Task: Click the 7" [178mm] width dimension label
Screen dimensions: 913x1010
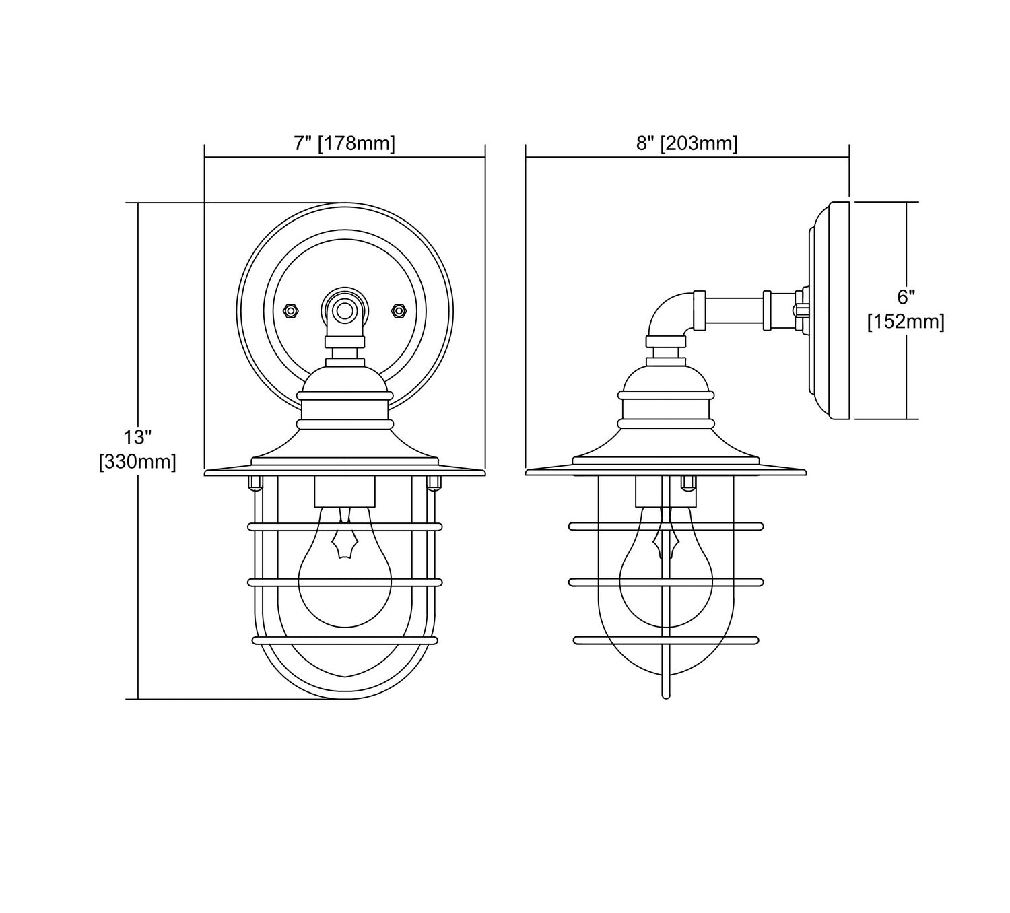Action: click(345, 143)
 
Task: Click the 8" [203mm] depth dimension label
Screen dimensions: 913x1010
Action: click(687, 143)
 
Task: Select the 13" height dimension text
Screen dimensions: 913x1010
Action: click(137, 438)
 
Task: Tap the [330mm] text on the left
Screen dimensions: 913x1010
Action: click(137, 462)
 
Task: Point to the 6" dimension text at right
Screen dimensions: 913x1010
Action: click(906, 298)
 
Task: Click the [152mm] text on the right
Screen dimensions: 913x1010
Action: click(906, 322)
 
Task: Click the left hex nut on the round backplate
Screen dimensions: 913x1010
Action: click(291, 310)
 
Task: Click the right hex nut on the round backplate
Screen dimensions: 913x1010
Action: click(398, 310)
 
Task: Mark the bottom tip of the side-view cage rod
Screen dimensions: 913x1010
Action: click(665, 697)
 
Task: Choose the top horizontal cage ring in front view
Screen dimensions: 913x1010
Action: click(345, 527)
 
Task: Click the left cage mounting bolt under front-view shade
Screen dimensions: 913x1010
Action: click(255, 482)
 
